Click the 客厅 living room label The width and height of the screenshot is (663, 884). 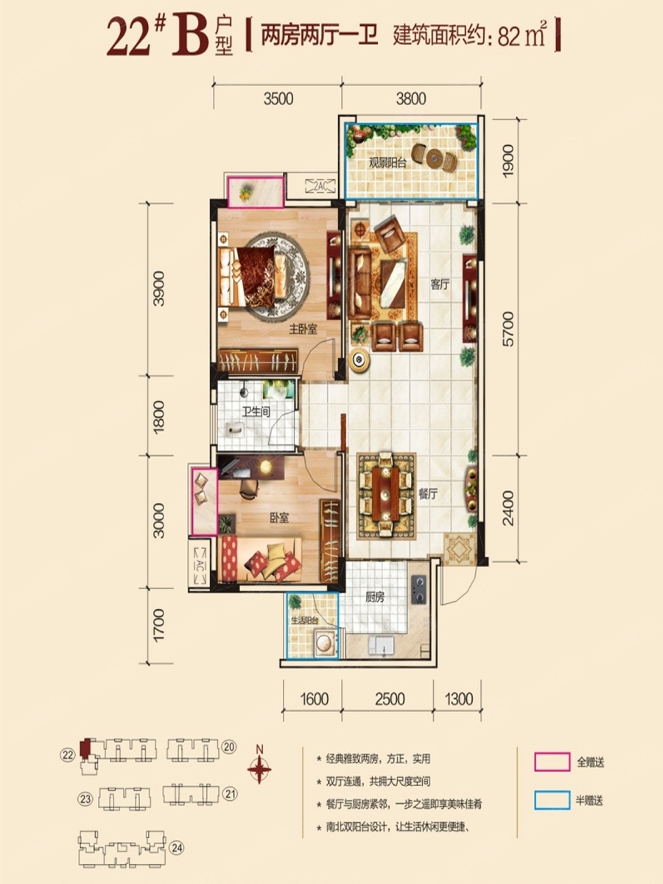click(439, 285)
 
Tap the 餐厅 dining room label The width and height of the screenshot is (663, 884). click(427, 494)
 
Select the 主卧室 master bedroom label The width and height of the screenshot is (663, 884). click(303, 329)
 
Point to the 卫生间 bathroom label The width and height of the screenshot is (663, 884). click(256, 412)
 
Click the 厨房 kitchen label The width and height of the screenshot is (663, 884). click(375, 597)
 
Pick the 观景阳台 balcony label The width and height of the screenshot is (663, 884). click(388, 163)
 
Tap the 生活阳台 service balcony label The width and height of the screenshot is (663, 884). click(305, 620)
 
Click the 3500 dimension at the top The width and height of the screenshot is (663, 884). click(278, 99)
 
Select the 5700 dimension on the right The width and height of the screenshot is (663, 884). click(508, 329)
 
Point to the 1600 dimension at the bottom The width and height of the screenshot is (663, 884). click(314, 699)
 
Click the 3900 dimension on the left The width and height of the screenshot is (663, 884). click(159, 289)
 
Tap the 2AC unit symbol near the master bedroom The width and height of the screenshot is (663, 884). click(320, 186)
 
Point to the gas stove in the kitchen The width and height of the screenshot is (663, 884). click(418, 589)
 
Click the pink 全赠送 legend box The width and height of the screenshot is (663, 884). click(552, 762)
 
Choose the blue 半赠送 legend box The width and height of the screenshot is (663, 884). click(552, 800)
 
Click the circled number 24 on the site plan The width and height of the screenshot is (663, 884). click(177, 848)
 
